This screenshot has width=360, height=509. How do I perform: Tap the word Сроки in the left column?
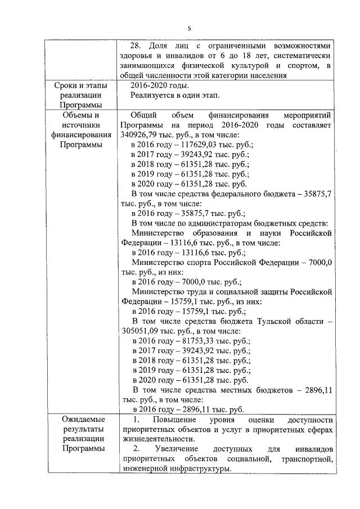66,85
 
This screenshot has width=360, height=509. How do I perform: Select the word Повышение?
173,420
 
